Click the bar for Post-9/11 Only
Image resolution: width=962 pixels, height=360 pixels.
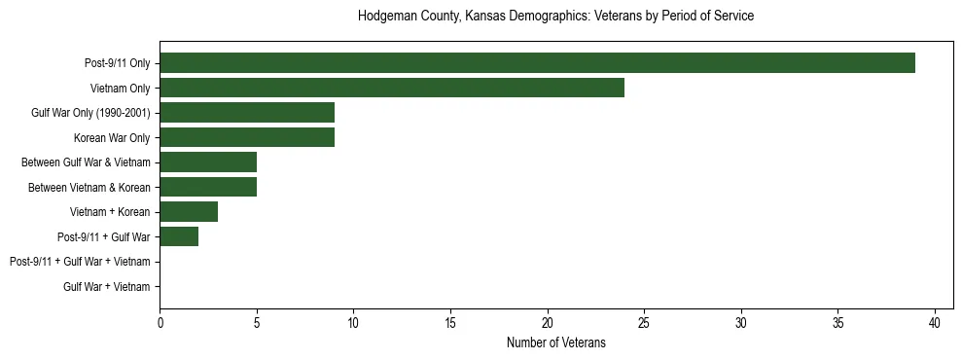(537, 63)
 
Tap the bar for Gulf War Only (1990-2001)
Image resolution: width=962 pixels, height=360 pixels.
(247, 113)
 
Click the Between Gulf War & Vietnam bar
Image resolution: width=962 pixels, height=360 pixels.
(208, 162)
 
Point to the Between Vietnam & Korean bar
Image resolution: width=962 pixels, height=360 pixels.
(208, 187)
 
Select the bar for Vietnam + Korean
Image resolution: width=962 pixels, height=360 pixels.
(189, 212)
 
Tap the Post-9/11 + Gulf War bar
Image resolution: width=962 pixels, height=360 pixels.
(179, 236)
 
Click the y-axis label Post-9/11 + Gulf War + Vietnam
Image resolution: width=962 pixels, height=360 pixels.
(80, 262)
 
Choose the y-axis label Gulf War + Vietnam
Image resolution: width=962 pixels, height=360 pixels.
(107, 286)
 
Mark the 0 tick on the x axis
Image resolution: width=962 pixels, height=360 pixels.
(160, 322)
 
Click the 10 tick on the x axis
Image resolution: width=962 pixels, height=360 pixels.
(353, 322)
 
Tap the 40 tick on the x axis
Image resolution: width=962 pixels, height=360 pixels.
(935, 322)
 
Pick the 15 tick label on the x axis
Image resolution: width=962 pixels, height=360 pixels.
(450, 322)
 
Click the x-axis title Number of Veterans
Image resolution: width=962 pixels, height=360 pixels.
(556, 342)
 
